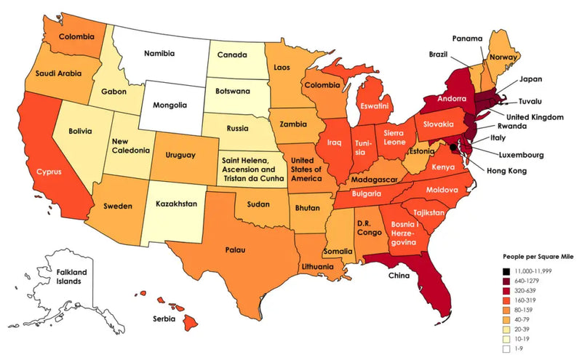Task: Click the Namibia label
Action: coord(164,53)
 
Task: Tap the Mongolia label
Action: coord(167,104)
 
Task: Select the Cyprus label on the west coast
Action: coord(44,172)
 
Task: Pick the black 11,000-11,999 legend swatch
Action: coord(507,270)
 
